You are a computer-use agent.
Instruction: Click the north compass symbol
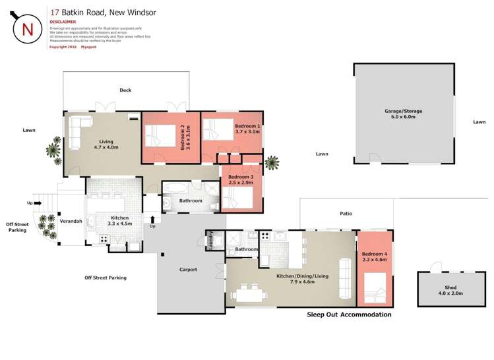(28, 29)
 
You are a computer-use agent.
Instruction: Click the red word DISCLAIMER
(63, 21)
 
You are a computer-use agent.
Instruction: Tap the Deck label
(125, 90)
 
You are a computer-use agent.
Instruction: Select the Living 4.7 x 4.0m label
(106, 144)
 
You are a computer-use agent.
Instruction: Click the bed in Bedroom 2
(161, 138)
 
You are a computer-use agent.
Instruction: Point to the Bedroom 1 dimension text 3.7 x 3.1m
(247, 132)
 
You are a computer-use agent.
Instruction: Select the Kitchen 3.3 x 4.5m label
(119, 221)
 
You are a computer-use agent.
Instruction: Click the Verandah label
(71, 222)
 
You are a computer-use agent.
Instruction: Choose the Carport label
(188, 270)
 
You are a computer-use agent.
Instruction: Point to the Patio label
(346, 214)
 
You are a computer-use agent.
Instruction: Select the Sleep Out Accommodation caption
(349, 315)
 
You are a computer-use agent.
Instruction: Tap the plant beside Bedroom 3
(271, 163)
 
